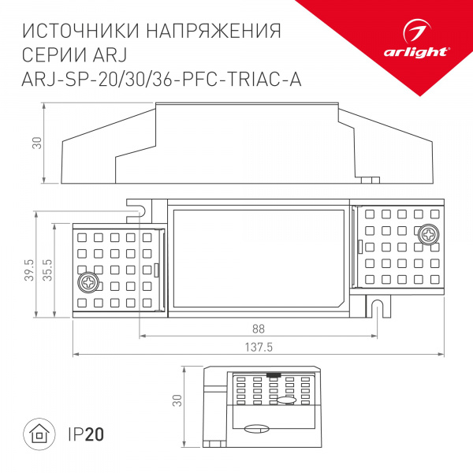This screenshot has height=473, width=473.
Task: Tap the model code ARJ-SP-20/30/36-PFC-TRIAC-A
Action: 162,79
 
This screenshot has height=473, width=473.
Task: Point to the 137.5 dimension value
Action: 259,348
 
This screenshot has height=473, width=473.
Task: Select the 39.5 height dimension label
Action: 29,270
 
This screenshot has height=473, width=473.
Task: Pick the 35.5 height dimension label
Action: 48,270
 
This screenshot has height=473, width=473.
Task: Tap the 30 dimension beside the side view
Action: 36,143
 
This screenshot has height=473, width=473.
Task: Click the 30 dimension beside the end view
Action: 177,401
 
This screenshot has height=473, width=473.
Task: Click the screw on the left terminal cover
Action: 88,281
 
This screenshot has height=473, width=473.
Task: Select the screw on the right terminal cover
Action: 429,234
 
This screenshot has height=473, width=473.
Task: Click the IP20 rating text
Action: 85,434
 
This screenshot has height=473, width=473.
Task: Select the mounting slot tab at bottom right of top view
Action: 378,307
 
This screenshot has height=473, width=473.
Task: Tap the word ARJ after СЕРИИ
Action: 110,55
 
